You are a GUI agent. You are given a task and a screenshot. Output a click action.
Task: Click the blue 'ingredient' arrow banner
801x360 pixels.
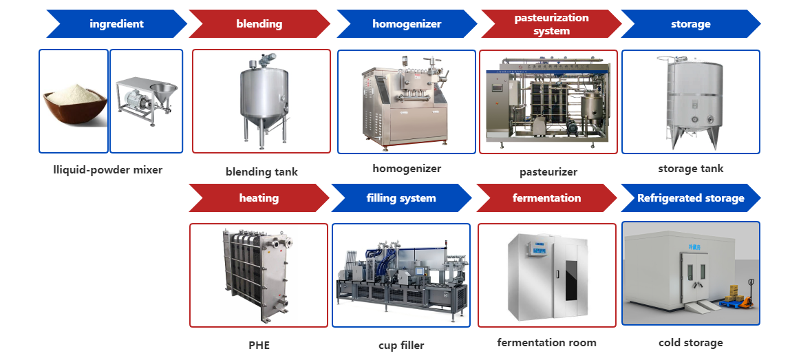pyautogui.click(x=116, y=24)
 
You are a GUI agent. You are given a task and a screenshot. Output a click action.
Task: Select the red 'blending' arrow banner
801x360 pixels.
pyautogui.click(x=259, y=24)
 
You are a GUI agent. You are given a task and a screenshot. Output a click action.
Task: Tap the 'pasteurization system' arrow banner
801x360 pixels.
pyautogui.click(x=551, y=24)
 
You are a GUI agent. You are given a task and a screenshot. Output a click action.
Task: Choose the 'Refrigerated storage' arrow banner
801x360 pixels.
pyautogui.click(x=690, y=198)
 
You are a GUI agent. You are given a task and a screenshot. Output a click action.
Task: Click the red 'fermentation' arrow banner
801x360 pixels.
pyautogui.click(x=546, y=198)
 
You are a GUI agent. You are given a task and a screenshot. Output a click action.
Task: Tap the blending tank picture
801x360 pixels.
pyautogui.click(x=259, y=100)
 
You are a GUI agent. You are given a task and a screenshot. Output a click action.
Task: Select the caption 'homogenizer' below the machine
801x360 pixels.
pyautogui.click(x=407, y=168)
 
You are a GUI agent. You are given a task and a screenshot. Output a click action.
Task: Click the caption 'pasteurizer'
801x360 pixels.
pyautogui.click(x=548, y=172)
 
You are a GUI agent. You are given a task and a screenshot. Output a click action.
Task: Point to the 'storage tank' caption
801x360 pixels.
pyautogui.click(x=691, y=168)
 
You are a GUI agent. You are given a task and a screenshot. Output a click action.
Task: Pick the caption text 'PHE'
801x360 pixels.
pyautogui.click(x=259, y=345)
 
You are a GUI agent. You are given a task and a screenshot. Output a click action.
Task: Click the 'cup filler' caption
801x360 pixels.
pyautogui.click(x=401, y=345)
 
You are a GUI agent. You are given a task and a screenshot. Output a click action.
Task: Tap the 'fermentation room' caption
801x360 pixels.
pyautogui.click(x=546, y=342)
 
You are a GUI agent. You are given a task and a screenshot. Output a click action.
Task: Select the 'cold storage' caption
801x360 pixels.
pyautogui.click(x=691, y=342)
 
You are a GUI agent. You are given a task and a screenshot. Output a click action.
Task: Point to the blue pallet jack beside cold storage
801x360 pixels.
pyautogui.click(x=740, y=296)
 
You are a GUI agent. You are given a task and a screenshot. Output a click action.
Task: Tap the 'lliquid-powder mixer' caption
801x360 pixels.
pyautogui.click(x=108, y=169)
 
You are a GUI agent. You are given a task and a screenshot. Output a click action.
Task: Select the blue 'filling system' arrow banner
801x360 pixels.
pyautogui.click(x=401, y=198)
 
